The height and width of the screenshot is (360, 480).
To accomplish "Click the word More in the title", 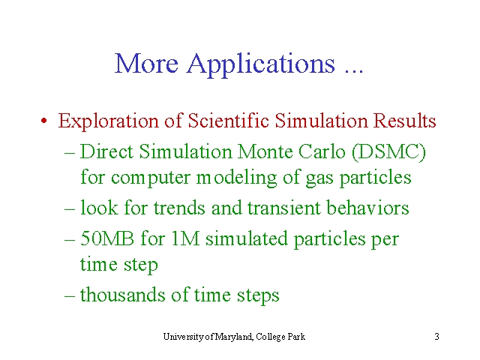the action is coord(146,63).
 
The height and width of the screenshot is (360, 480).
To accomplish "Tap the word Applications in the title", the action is coord(261,65).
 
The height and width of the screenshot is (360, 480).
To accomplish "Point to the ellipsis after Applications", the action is coord(354,71).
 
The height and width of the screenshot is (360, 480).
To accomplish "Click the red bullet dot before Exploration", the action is coord(44,120).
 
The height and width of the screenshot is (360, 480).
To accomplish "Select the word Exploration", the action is coord(108,121).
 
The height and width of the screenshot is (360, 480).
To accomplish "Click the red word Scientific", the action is coord(228,120).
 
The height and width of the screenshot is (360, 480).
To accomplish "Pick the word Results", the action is coord(404,120).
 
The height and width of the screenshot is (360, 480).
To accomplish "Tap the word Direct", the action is coord(106,151).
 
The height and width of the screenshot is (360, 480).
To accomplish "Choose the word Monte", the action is coord(265,151).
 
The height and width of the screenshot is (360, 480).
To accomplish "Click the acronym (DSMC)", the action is coord(388,152).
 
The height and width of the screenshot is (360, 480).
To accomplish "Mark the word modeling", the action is coord(236,178).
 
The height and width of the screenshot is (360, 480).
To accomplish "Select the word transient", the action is coord(283,208).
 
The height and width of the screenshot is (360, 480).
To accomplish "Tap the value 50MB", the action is coord(106,238).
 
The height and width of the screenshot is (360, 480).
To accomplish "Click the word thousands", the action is coord(122,295).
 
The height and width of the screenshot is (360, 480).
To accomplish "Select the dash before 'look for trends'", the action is coord(70,209).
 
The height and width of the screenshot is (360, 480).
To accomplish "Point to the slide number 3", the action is coord(436,337).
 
